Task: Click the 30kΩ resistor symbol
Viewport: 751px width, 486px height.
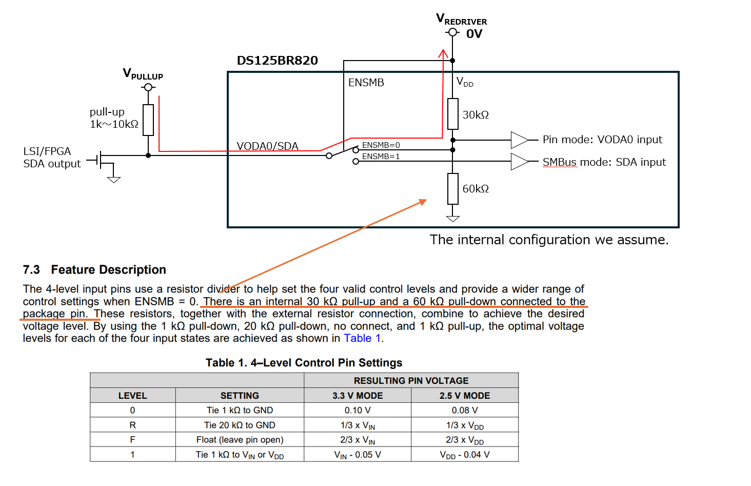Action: point(452,114)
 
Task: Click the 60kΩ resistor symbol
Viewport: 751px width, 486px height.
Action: point(452,189)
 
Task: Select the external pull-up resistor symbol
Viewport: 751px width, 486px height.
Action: point(148,120)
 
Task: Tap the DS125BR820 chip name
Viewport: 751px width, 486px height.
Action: point(278,61)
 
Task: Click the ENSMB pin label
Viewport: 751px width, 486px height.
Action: point(366,83)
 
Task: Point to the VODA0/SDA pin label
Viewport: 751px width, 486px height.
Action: point(267,146)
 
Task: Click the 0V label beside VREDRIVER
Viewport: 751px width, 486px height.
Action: point(474,33)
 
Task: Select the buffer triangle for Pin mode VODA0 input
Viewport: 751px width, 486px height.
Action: point(519,140)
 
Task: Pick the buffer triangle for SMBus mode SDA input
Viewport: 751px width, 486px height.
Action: point(519,162)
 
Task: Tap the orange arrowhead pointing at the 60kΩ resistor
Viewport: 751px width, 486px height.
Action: point(423,202)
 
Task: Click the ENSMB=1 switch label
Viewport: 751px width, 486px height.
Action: point(381,157)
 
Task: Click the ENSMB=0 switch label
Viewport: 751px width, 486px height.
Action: point(381,145)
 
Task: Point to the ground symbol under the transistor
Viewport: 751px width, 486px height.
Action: point(114,180)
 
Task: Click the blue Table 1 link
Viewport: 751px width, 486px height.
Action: point(362,338)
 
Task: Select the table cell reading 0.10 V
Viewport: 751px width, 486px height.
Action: point(358,410)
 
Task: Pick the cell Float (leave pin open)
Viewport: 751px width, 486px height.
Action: point(240,439)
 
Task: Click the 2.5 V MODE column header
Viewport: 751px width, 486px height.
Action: point(465,396)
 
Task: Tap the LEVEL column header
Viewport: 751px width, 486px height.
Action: point(132,396)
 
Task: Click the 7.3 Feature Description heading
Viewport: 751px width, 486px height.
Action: point(94,269)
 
